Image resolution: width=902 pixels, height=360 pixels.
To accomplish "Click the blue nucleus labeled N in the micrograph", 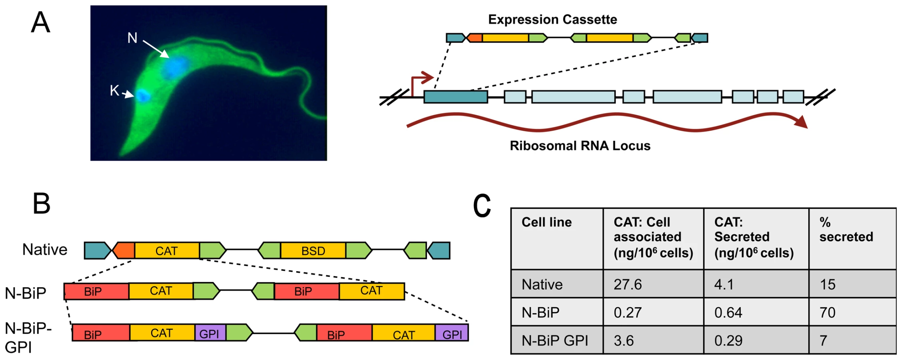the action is pyautogui.click(x=175, y=67).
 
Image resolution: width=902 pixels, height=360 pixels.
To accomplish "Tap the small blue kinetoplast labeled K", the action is pyautogui.click(x=143, y=96).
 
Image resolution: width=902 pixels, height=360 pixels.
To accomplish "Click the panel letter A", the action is pyautogui.click(x=40, y=22).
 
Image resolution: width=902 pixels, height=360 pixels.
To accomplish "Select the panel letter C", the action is pyautogui.click(x=482, y=206).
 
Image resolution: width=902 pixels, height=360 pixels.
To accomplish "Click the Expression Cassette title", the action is pyautogui.click(x=553, y=19).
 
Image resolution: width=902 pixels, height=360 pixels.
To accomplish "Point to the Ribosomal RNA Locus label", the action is pyautogui.click(x=580, y=146).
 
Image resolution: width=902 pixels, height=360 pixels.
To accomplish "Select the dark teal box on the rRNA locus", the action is pyautogui.click(x=456, y=97).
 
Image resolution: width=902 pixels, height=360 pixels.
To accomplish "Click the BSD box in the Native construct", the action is pyautogui.click(x=313, y=251).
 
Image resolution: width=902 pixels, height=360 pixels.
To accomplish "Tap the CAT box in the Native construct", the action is pyautogui.click(x=167, y=251).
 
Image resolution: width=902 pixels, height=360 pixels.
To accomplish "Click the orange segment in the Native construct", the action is pyautogui.click(x=124, y=250).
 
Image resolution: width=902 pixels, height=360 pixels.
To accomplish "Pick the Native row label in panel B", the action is pyautogui.click(x=45, y=250).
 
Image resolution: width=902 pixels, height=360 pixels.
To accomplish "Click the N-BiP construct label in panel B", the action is pyautogui.click(x=26, y=293).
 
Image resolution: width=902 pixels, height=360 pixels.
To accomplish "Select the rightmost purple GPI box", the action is pyautogui.click(x=452, y=333).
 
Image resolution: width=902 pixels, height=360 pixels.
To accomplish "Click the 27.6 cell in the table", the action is pyautogui.click(x=628, y=284).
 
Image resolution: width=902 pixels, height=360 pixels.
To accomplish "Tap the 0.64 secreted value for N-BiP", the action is pyautogui.click(x=728, y=312).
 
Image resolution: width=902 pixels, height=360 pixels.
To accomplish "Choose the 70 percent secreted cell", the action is pyautogui.click(x=827, y=312).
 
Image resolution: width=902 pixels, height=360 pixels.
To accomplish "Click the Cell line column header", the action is pyautogui.click(x=547, y=222).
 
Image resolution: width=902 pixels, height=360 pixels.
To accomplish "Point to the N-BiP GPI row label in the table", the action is pyautogui.click(x=555, y=340).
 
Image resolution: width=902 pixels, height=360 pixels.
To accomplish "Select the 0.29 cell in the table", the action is pyautogui.click(x=728, y=340).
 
